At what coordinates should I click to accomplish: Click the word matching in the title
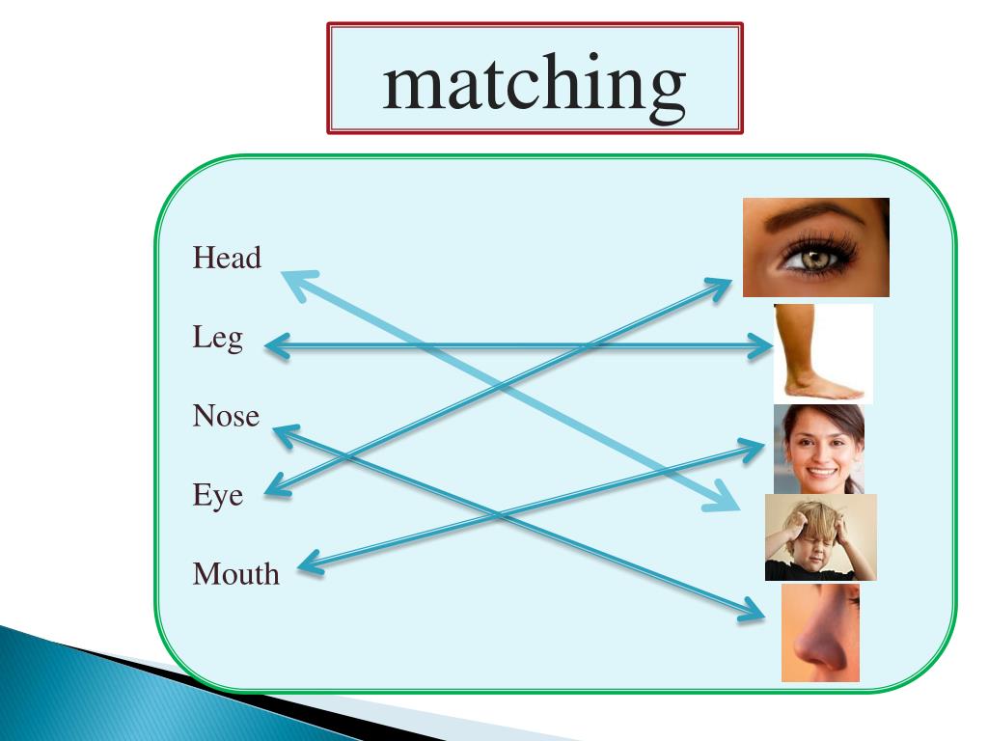535,84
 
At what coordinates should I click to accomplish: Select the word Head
227,259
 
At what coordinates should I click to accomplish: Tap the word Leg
217,339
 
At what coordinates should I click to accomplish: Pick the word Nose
226,417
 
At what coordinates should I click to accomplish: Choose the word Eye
217,497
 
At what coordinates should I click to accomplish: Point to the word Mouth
235,575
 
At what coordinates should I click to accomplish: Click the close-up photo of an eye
815,247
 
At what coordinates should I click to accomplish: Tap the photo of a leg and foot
822,353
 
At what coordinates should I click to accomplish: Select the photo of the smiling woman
818,449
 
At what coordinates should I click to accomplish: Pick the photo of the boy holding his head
820,537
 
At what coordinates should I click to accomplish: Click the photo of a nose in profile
819,633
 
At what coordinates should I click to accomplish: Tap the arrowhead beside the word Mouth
309,564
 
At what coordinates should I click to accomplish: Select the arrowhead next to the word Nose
284,435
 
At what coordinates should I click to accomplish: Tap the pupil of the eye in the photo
803,258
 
